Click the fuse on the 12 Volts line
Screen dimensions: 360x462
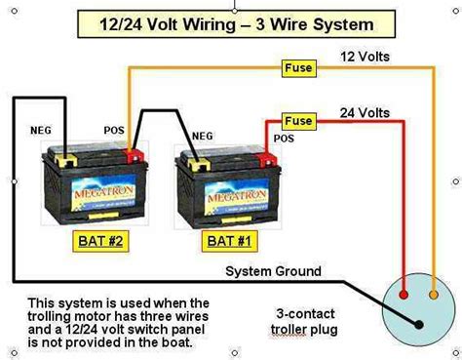coord(297,68)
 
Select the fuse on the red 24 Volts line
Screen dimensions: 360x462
coord(297,121)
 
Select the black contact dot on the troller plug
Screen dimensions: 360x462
coord(418,324)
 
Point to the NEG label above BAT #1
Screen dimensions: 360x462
coord(204,136)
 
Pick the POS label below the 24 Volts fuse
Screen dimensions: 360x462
coord(284,140)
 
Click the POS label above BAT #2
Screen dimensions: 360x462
coord(114,130)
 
